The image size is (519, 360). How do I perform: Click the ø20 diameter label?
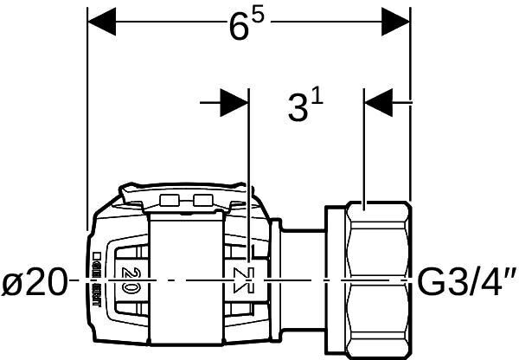[x=34, y=282]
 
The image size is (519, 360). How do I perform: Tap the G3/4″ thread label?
[x=466, y=282]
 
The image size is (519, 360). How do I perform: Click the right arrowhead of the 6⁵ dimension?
[x=397, y=18]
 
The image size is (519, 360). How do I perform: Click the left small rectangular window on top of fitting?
[x=171, y=202]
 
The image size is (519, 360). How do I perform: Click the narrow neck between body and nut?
[x=303, y=260]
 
